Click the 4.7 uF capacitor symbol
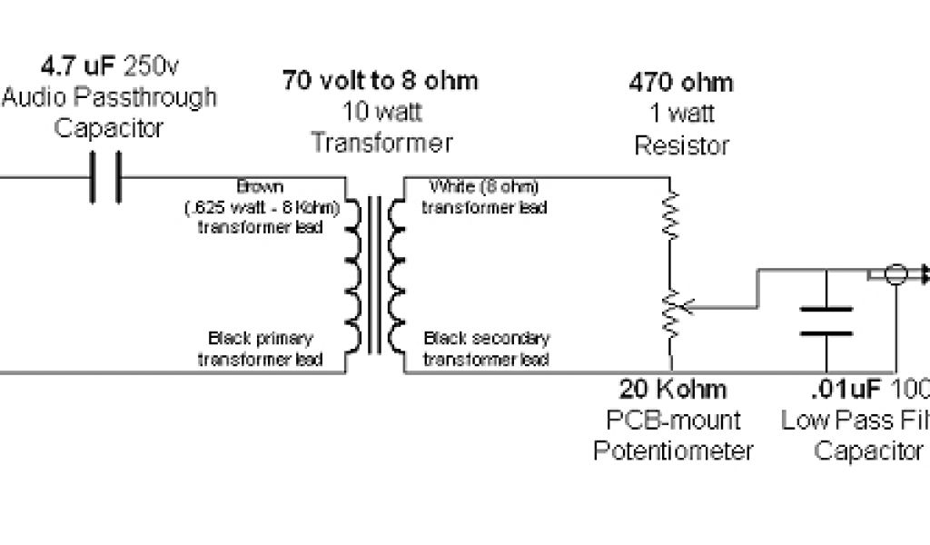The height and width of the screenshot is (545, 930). click(105, 178)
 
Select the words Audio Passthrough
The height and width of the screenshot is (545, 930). click(109, 97)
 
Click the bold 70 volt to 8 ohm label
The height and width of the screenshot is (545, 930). click(380, 81)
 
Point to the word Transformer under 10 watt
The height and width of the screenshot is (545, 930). click(381, 143)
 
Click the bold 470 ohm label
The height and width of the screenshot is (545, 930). click(681, 84)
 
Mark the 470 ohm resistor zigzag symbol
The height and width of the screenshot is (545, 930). click(671, 214)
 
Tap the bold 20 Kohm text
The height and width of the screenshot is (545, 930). click(673, 390)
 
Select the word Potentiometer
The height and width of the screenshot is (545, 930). click(673, 451)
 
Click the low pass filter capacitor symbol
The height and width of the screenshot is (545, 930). click(826, 321)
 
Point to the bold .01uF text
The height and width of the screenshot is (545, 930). click(845, 390)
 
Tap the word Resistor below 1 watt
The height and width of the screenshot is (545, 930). click(681, 144)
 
